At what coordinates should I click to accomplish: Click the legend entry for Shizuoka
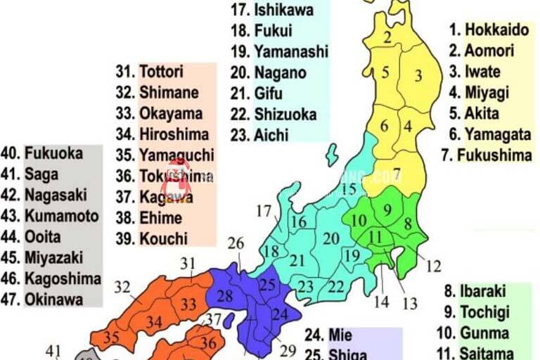(x=274, y=114)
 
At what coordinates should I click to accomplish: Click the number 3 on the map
(x=418, y=75)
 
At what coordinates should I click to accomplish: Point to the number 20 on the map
(x=330, y=238)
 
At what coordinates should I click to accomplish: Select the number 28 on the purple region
(x=224, y=296)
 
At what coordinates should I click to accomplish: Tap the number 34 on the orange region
(x=155, y=322)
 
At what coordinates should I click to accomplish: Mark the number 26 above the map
(x=236, y=243)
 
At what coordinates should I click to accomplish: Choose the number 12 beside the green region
(x=434, y=266)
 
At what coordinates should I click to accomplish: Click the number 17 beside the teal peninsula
(x=264, y=210)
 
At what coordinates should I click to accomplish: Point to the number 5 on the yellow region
(x=385, y=72)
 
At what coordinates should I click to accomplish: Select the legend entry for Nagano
(x=270, y=72)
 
